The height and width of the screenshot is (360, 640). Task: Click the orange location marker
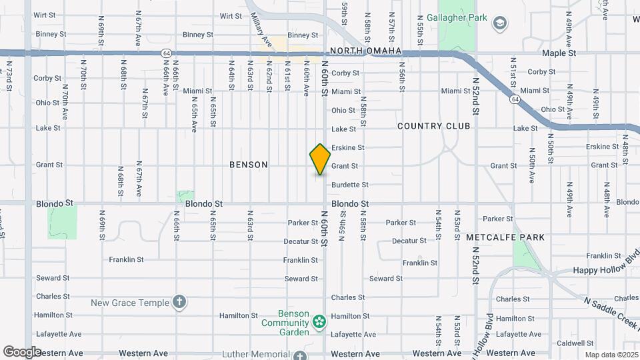[320, 159]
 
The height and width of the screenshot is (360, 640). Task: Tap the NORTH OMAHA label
[365, 51]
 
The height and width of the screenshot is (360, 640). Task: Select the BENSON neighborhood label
[248, 165]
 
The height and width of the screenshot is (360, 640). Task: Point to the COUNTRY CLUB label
[433, 126]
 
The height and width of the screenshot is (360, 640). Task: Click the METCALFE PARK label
[505, 237]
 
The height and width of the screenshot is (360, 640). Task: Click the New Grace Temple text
[130, 303]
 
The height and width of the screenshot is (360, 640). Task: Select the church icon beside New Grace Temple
[179, 303]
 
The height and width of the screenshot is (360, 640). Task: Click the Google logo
[22, 352]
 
